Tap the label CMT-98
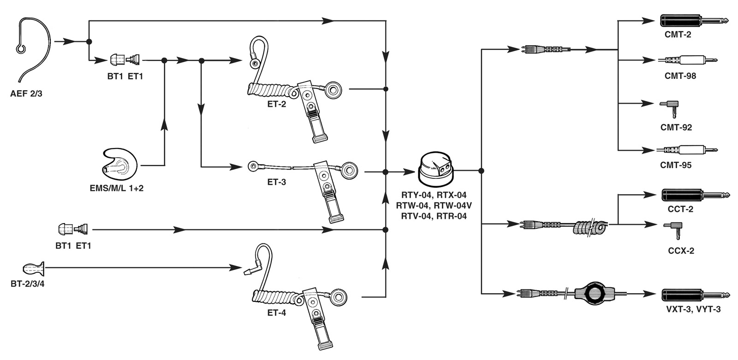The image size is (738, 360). pos(680,76)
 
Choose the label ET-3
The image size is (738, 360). pos(276,182)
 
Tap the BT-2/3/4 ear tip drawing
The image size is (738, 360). pos(34,268)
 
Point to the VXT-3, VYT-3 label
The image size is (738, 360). pos(693,309)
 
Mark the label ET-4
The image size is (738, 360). pos(276,313)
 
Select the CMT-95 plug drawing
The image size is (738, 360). pos(687,150)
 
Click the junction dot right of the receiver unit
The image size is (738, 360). pos(481,171)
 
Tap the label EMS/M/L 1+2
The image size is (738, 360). pos(116,189)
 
